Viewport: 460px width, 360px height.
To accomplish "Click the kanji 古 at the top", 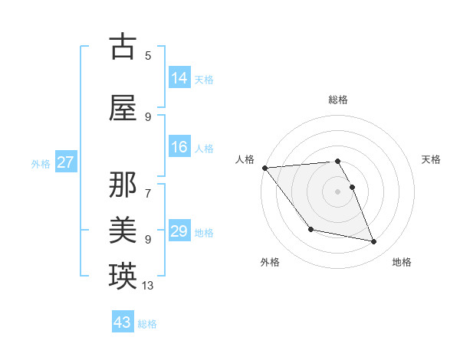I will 123,47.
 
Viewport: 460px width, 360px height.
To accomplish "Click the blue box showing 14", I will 179,78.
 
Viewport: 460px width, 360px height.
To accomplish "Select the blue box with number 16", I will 179,147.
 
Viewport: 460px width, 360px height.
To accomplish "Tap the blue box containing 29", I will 179,231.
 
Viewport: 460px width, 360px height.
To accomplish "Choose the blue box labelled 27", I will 66,162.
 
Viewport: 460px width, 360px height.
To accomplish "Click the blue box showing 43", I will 123,322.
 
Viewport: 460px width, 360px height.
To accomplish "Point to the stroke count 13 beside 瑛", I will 148,286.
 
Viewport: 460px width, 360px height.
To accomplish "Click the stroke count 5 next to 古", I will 148,55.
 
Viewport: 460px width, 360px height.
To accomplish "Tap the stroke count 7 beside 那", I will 148,185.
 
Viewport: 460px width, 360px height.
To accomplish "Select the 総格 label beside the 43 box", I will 148,324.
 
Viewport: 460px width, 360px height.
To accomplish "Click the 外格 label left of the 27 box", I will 41,163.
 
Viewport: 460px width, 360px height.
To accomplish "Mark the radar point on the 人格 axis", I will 264,168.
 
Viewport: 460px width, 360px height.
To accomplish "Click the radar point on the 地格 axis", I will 374,242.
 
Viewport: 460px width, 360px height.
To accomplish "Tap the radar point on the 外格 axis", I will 310,229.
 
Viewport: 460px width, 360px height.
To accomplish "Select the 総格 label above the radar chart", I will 337,100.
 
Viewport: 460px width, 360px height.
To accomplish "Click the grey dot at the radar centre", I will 337,191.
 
